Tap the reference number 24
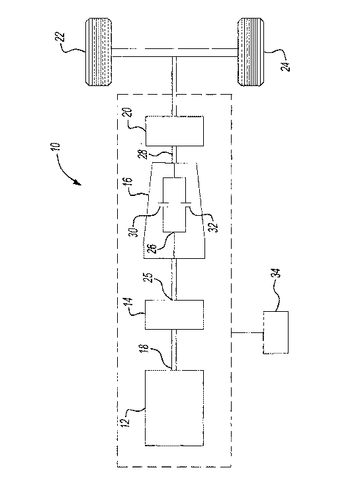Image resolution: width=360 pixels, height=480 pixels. [x=286, y=66]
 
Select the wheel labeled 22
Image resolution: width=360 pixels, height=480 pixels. [x=99, y=52]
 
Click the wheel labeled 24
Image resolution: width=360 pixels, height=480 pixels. [x=251, y=52]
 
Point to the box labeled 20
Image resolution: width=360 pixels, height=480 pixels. [x=174, y=131]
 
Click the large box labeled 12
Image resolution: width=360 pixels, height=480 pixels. [x=174, y=408]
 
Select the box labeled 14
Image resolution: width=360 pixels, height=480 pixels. [x=174, y=314]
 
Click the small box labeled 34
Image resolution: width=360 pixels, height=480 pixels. [x=275, y=332]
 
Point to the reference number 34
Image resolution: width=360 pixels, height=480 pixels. [x=275, y=273]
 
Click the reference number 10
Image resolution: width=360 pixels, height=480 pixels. [x=56, y=148]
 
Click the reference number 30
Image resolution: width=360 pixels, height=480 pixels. [x=136, y=230]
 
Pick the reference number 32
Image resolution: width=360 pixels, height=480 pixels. [x=214, y=227]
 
